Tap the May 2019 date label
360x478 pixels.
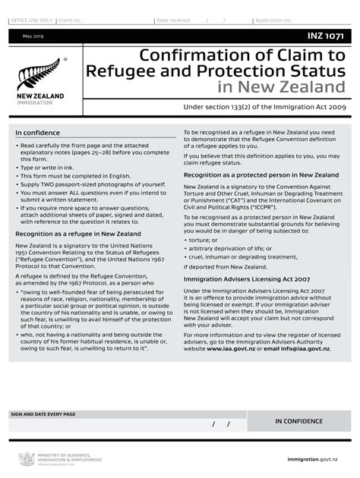(33, 36)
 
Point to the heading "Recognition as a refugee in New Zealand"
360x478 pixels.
(77, 234)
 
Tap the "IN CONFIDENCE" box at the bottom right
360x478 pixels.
(298, 421)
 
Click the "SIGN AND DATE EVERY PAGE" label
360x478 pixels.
(43, 414)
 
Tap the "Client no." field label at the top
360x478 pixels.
(69, 20)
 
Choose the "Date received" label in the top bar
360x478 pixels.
(174, 20)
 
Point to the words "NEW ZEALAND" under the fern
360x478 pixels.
(40, 96)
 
